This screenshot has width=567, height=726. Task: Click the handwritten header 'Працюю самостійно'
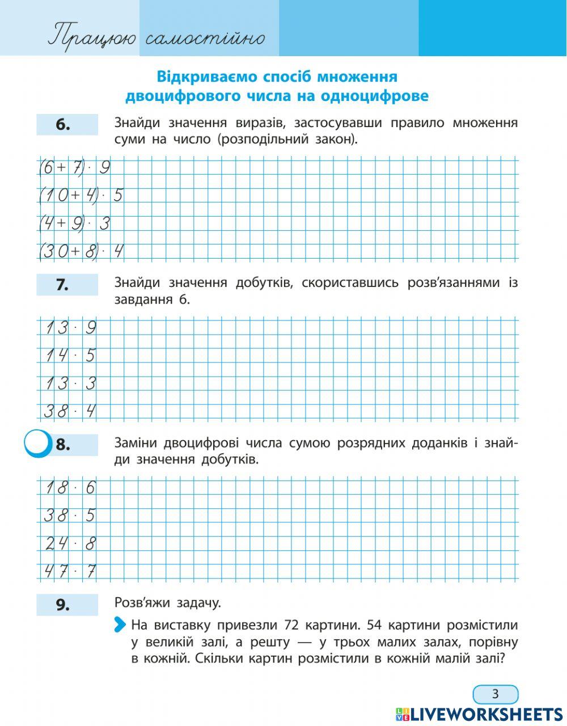pos(156,38)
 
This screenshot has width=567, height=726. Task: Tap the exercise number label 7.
pos(62,285)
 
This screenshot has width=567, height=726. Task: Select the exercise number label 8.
pos(63,445)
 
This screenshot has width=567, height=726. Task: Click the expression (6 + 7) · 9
pos(74,168)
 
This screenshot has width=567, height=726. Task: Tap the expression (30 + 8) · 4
pos(81,251)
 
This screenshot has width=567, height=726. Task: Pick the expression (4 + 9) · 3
pos(74,223)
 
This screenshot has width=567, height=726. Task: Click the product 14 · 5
pos(70,356)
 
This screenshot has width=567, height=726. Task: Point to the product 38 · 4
pos(70,411)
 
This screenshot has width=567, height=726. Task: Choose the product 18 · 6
pos(70,488)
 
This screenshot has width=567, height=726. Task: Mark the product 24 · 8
pos(70,543)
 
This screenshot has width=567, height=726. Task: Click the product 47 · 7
pos(70,571)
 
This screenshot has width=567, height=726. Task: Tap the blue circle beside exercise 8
pos(37,444)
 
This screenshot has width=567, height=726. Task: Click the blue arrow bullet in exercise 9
pos(120,625)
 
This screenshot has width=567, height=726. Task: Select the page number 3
pos(495,694)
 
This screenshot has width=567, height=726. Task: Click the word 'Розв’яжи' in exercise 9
pos(146,603)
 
